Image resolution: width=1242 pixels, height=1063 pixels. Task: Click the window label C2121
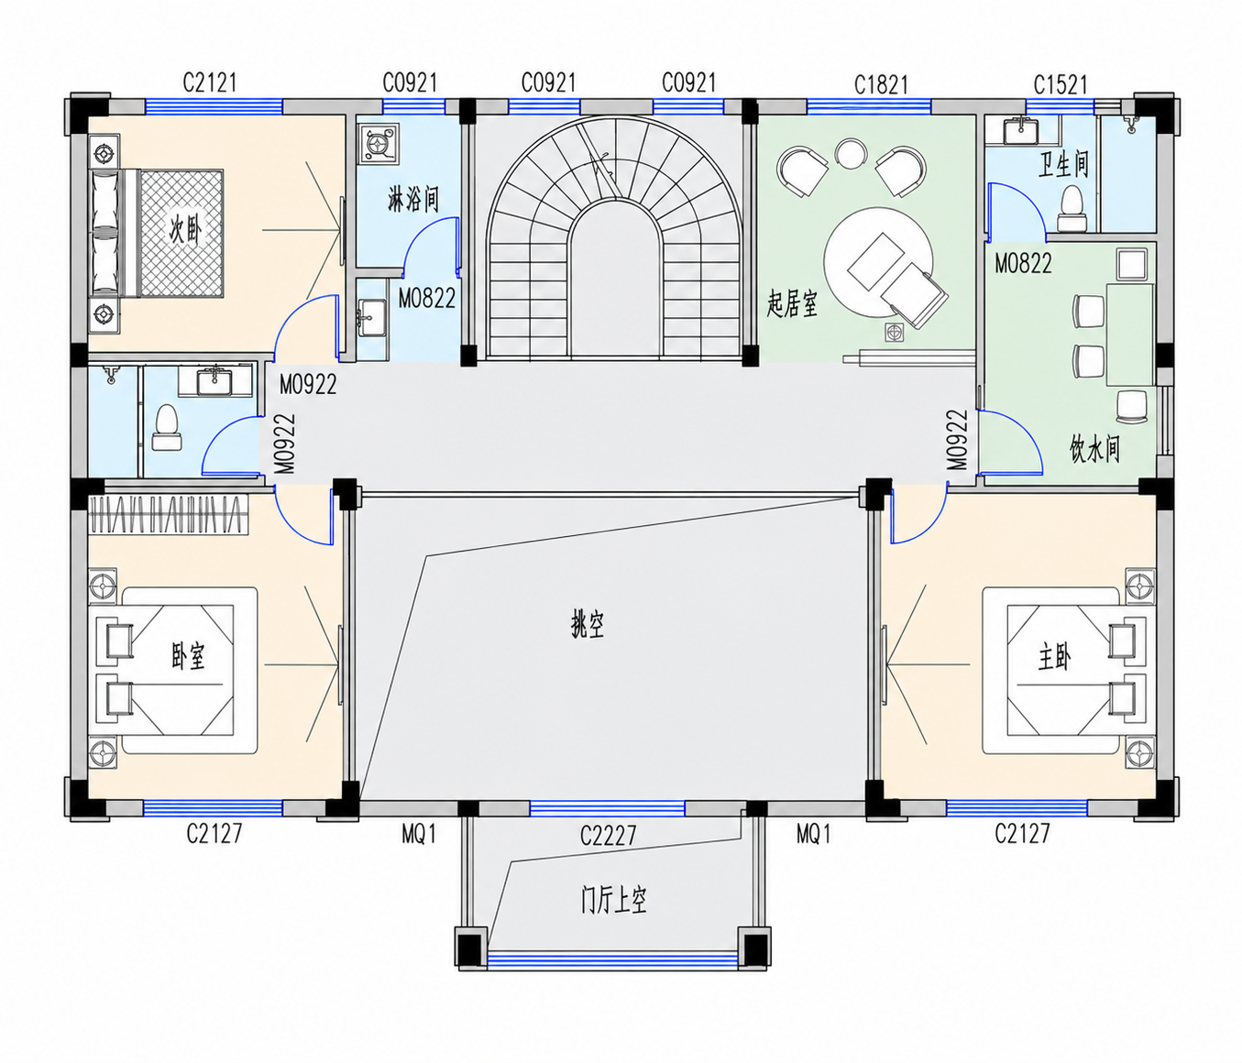click(210, 82)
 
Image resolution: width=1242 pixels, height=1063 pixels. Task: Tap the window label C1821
click(881, 85)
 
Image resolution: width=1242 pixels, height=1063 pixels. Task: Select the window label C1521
click(1061, 85)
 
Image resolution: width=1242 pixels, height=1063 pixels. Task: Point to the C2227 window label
click(608, 835)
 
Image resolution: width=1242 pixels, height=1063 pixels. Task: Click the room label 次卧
click(185, 230)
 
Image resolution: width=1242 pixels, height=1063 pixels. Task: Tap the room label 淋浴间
click(413, 199)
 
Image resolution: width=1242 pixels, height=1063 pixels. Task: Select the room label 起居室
click(792, 302)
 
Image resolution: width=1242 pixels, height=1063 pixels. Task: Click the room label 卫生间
click(1063, 164)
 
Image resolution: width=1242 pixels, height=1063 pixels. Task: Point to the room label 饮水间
click(1094, 449)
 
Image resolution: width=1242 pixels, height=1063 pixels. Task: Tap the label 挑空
click(587, 626)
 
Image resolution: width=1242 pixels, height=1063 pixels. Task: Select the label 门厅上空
click(613, 901)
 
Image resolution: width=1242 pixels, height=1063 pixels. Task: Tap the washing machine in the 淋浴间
click(378, 144)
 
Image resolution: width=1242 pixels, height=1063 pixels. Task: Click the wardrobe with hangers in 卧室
click(169, 514)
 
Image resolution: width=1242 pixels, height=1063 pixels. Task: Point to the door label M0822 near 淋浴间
click(427, 298)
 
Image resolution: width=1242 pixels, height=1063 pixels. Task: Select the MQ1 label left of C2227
click(419, 835)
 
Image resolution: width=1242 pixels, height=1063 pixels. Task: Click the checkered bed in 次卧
click(181, 234)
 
